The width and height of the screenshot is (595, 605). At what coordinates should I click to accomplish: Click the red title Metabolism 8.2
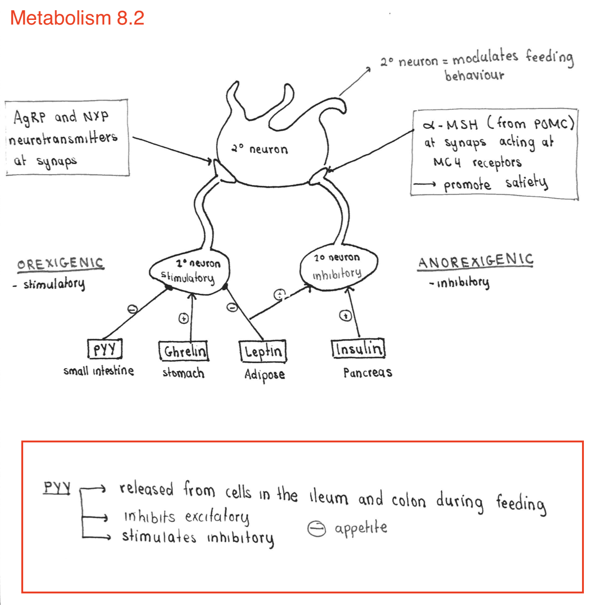point(77,18)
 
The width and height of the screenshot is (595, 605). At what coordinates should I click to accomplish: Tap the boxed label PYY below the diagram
point(105,349)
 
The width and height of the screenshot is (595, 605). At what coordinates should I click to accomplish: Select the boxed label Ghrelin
point(184,351)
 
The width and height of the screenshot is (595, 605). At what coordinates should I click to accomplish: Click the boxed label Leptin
point(263,352)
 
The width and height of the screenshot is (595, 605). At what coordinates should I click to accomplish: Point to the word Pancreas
point(367,372)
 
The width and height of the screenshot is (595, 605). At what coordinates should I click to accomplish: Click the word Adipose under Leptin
point(264,374)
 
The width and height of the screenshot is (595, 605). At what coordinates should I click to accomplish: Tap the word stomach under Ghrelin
point(183,373)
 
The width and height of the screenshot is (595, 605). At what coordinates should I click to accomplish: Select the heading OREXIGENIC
point(60,264)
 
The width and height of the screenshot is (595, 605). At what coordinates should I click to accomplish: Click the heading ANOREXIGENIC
point(475,261)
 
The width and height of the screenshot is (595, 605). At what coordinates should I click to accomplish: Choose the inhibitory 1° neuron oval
point(338,268)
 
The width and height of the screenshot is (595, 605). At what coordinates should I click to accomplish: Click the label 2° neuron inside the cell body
point(260,149)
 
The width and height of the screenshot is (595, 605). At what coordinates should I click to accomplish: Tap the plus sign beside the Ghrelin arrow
point(184,319)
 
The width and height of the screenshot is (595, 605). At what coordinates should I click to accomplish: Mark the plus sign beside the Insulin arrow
point(345,316)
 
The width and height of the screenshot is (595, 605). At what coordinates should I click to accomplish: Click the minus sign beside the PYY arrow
point(133,309)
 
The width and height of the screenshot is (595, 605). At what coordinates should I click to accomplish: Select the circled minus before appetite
point(317,529)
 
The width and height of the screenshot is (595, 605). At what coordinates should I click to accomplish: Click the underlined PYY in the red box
point(57,487)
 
